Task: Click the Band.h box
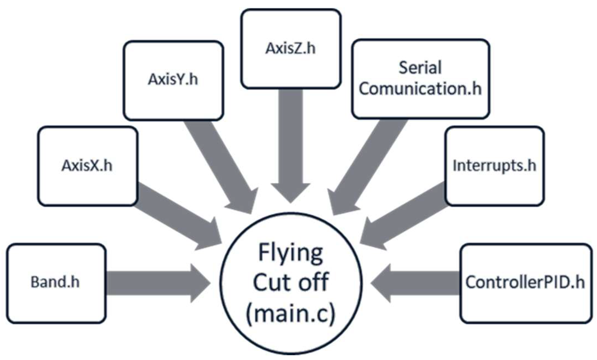[56, 283]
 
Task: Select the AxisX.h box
[87, 166]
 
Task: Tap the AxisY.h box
[173, 80]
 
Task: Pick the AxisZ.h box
[291, 49]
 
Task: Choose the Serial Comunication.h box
[421, 78]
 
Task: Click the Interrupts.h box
[494, 166]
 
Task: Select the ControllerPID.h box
[525, 283]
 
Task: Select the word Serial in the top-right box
[420, 68]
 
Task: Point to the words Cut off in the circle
[291, 283]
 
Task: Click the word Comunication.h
[421, 89]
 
